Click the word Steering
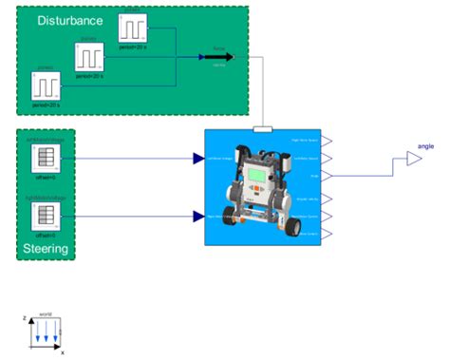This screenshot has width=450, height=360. pyautogui.click(x=46, y=250)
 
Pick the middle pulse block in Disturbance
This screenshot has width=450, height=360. pyautogui.click(x=91, y=57)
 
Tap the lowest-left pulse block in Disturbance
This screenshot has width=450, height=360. pyautogui.click(x=46, y=88)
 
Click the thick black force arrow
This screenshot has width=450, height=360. pyautogui.click(x=217, y=57)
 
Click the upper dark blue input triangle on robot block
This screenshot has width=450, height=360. pyautogui.click(x=199, y=159)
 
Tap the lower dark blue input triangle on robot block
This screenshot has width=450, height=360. pyautogui.click(x=199, y=216)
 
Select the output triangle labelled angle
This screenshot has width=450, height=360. pyautogui.click(x=413, y=161)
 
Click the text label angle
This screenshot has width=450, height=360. pyautogui.click(x=426, y=146)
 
